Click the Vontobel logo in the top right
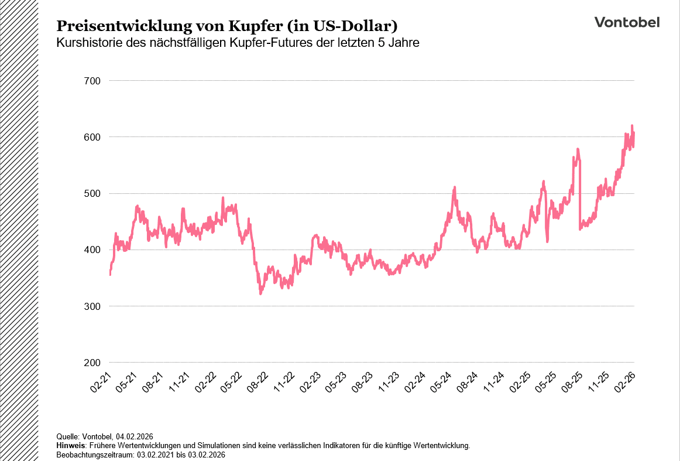(x=627, y=22)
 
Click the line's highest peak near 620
(x=632, y=126)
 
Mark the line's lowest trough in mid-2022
(x=260, y=293)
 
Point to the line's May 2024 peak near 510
(x=455, y=187)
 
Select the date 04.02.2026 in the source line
(x=133, y=436)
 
